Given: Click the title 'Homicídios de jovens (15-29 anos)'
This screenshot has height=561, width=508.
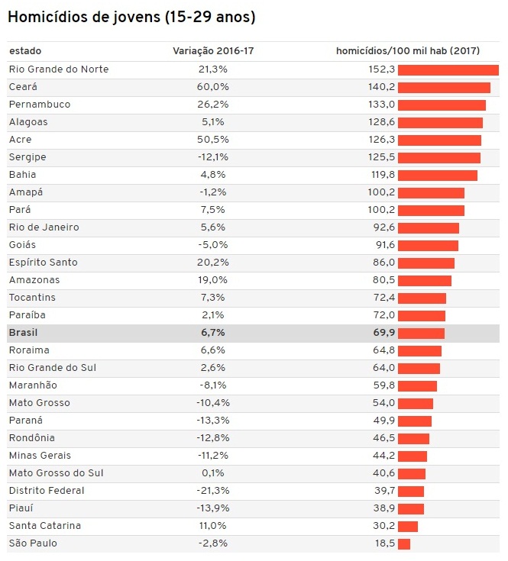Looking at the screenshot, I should [131, 17].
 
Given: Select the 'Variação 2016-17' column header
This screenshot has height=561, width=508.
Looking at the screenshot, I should [212, 51].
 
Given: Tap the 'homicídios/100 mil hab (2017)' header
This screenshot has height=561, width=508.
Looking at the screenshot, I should [408, 51].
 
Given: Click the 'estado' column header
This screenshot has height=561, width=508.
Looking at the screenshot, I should [25, 51].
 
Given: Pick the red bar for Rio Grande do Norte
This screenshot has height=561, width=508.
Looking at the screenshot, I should [448, 69].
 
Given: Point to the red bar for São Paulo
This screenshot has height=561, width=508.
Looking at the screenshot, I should [404, 543].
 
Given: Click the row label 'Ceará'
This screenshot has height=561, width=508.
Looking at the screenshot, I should [23, 87].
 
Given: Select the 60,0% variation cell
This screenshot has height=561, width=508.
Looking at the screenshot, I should [212, 87].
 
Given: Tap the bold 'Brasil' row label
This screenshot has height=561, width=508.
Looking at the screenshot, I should [23, 333].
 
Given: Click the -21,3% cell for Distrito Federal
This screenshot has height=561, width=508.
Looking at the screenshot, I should [212, 491].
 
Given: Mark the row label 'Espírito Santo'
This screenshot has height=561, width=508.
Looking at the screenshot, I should [43, 263].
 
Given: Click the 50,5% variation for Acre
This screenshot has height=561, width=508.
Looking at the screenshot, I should [212, 140].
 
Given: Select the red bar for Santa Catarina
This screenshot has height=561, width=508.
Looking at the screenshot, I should [408, 526].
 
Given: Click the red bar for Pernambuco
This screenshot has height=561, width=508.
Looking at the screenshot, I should [442, 105].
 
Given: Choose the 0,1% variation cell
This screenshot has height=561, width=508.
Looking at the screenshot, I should [212, 473].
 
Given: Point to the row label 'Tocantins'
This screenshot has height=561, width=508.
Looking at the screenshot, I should [32, 298].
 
